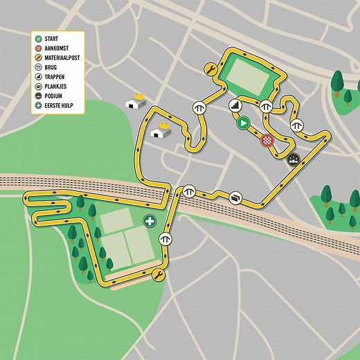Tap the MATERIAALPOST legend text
[68, 57]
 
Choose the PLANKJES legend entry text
[60, 87]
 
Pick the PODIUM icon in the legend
[39, 96]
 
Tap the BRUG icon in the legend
[39, 67]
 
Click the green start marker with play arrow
[242, 123]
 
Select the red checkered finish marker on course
[267, 140]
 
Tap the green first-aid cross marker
[149, 222]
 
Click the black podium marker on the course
[293, 159]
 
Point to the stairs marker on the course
[235, 105]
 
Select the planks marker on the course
[236, 197]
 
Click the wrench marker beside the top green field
[210, 70]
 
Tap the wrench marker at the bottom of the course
[159, 276]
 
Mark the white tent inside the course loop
[163, 130]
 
